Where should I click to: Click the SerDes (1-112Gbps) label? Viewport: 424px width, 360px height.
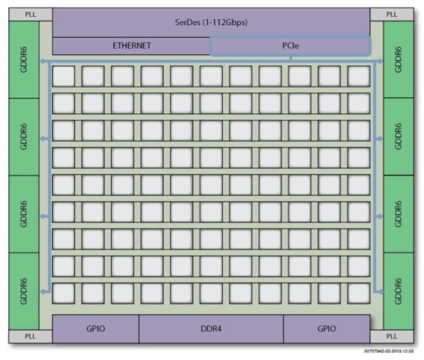tap(211, 22)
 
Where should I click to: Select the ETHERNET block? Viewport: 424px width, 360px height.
tap(132, 46)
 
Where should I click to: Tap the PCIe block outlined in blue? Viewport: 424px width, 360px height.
tap(290, 46)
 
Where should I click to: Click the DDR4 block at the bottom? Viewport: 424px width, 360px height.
tap(211, 329)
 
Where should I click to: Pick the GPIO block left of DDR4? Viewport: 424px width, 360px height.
tap(96, 329)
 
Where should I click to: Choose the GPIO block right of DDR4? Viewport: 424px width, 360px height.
tap(327, 329)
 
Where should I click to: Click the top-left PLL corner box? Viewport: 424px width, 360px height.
tap(31, 15)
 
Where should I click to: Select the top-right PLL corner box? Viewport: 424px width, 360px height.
tap(392, 15)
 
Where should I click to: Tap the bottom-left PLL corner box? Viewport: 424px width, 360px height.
tap(31, 336)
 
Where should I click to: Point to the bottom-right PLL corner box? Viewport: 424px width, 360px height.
tap(392, 336)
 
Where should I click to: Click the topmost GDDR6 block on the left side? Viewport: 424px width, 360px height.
tap(24, 60)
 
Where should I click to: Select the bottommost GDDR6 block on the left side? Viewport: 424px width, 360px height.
tap(24, 291)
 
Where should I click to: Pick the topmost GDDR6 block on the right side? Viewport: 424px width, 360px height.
tap(399, 60)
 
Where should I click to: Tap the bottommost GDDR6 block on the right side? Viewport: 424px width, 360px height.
tap(399, 291)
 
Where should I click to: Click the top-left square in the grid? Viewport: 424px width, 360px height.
tap(64, 77)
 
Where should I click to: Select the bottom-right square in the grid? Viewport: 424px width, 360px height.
tap(359, 293)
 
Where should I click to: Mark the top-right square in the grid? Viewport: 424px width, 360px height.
tap(359, 77)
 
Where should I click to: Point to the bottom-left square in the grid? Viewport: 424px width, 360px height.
tap(64, 293)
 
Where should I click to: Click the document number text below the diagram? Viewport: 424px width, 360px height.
tap(389, 351)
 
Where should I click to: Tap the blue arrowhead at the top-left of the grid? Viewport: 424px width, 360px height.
tap(42, 61)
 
